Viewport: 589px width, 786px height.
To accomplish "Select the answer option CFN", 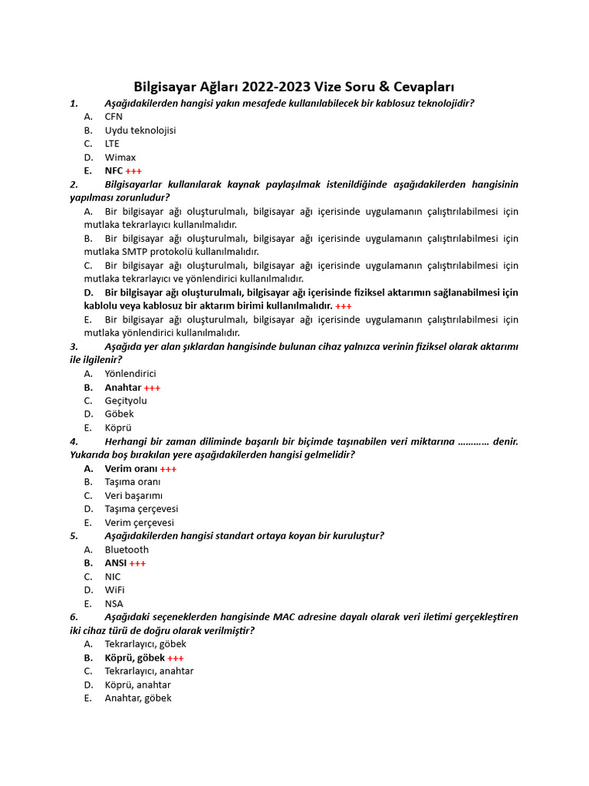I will (114, 117).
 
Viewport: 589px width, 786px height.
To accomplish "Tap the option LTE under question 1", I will (112, 144).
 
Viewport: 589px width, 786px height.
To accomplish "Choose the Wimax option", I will (120, 157).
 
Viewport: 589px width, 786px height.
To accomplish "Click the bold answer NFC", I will (114, 170).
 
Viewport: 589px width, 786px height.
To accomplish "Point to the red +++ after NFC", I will (133, 171).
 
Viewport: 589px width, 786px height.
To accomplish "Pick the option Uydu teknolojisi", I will (140, 130).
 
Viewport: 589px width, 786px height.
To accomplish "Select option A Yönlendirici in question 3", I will (130, 374).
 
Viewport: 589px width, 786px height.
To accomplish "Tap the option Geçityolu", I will (126, 401).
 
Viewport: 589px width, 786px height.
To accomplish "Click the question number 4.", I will (74, 441).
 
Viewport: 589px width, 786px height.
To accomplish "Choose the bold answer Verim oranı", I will (130, 468).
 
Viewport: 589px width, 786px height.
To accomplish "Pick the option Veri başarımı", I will (133, 495).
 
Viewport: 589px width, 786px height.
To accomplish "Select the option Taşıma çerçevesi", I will (141, 509).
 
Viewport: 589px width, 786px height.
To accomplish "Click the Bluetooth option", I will (127, 550).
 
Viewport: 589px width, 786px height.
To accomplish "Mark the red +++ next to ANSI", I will (137, 563).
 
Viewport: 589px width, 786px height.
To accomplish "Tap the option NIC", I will (113, 576).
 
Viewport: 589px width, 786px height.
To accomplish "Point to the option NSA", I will (114, 604).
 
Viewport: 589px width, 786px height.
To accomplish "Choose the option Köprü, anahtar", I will (137, 685).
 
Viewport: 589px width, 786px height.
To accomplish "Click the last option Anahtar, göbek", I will (138, 698).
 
